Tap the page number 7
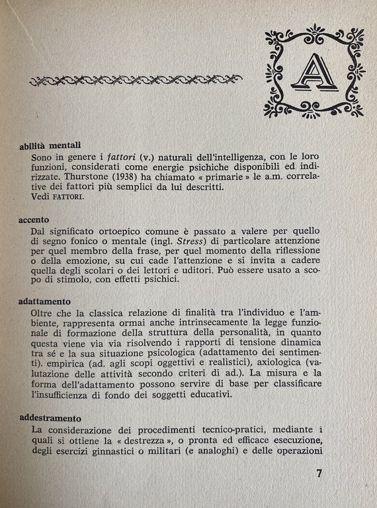tap(319, 474)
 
